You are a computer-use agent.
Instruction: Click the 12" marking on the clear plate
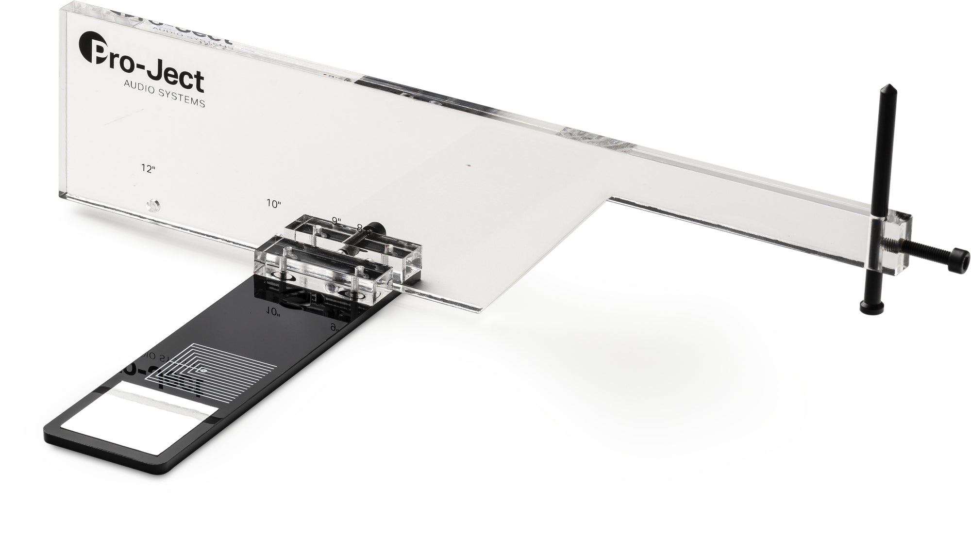click(x=148, y=168)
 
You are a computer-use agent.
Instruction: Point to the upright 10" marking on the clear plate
click(x=274, y=204)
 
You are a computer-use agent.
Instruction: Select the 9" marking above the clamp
click(x=336, y=221)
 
